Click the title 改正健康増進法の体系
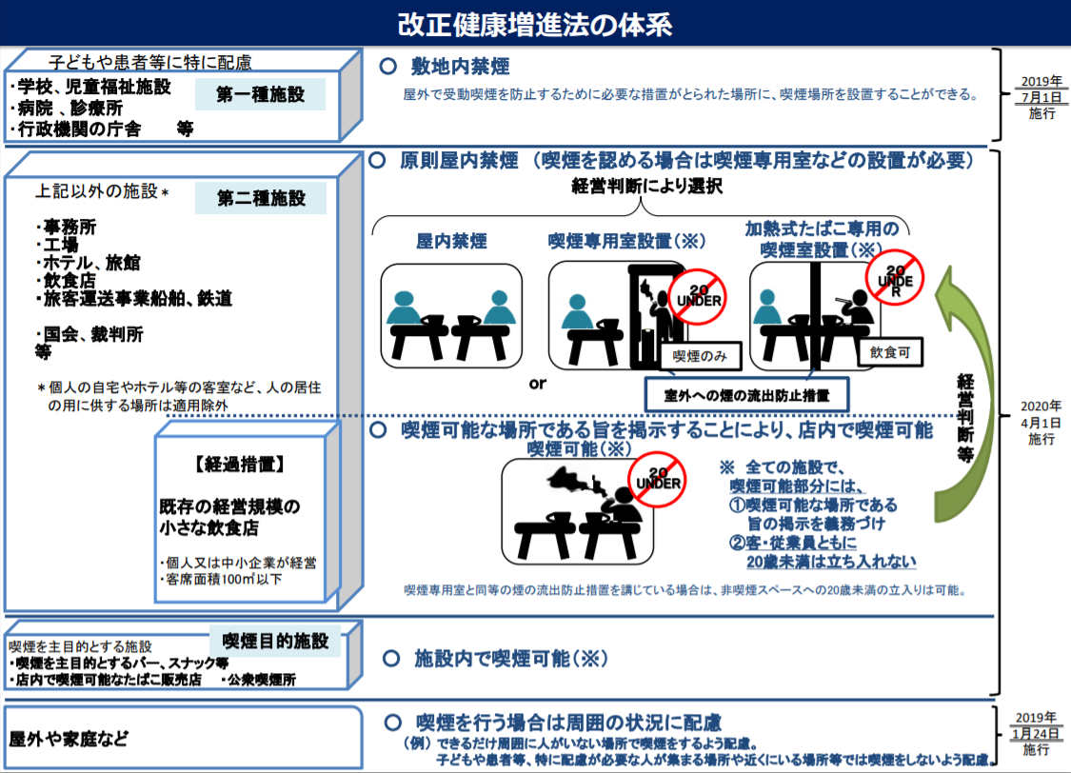tap(535, 24)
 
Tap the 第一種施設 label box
tap(260, 94)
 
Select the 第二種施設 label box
tap(260, 198)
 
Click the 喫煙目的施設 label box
tap(275, 642)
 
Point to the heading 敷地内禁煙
tap(461, 67)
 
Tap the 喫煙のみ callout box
tap(700, 356)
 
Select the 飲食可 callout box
tap(890, 352)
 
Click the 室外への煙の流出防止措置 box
tap(746, 395)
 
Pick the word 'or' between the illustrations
tap(538, 384)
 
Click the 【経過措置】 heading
tap(239, 465)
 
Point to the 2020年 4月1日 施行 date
tap(1041, 423)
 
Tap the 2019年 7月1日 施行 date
tap(1041, 97)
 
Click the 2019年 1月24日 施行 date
tap(1036, 733)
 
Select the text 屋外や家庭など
tap(69, 739)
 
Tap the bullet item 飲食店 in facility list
tap(69, 281)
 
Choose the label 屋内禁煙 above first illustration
tap(451, 241)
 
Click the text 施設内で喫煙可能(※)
tap(511, 659)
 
